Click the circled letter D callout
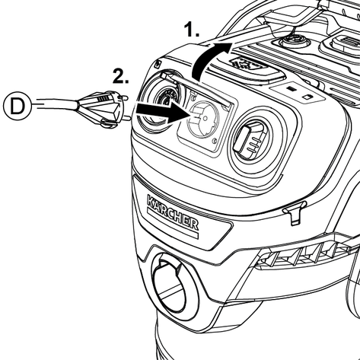pos(18,106)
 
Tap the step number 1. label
pos(192,30)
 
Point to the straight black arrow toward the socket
pos(162,112)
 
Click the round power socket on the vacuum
pos(202,119)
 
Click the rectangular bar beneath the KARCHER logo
pos(172,223)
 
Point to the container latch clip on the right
pos(295,212)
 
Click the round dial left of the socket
pos(160,101)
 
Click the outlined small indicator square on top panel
pos(307,97)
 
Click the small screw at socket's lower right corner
pos(215,140)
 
